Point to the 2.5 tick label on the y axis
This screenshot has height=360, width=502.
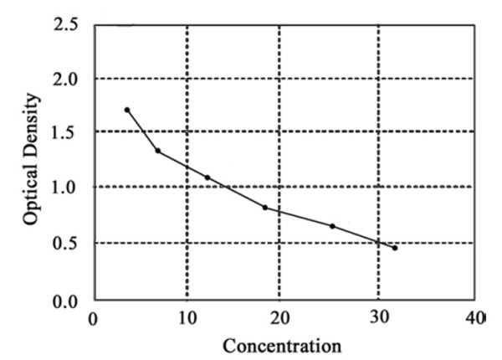[x=66, y=25]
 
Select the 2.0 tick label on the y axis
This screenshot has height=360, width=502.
[x=66, y=79]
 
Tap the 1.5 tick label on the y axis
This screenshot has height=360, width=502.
[x=66, y=132]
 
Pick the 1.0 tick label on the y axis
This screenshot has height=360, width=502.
[x=66, y=188]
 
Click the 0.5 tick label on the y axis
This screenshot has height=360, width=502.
[x=66, y=244]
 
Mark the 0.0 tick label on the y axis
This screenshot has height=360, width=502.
[x=66, y=299]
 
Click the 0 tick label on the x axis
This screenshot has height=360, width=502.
[x=94, y=319]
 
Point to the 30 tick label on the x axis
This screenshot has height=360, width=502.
[x=379, y=319]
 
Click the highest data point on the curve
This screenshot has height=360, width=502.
[x=127, y=110]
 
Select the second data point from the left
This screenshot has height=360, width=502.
[x=157, y=151]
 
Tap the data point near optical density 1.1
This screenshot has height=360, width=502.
[x=207, y=177]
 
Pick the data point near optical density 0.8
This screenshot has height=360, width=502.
[x=265, y=207]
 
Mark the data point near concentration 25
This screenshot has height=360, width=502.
[x=332, y=226]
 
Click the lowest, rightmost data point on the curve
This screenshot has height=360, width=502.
[x=395, y=248]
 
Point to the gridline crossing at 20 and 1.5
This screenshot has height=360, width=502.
[x=279, y=131]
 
